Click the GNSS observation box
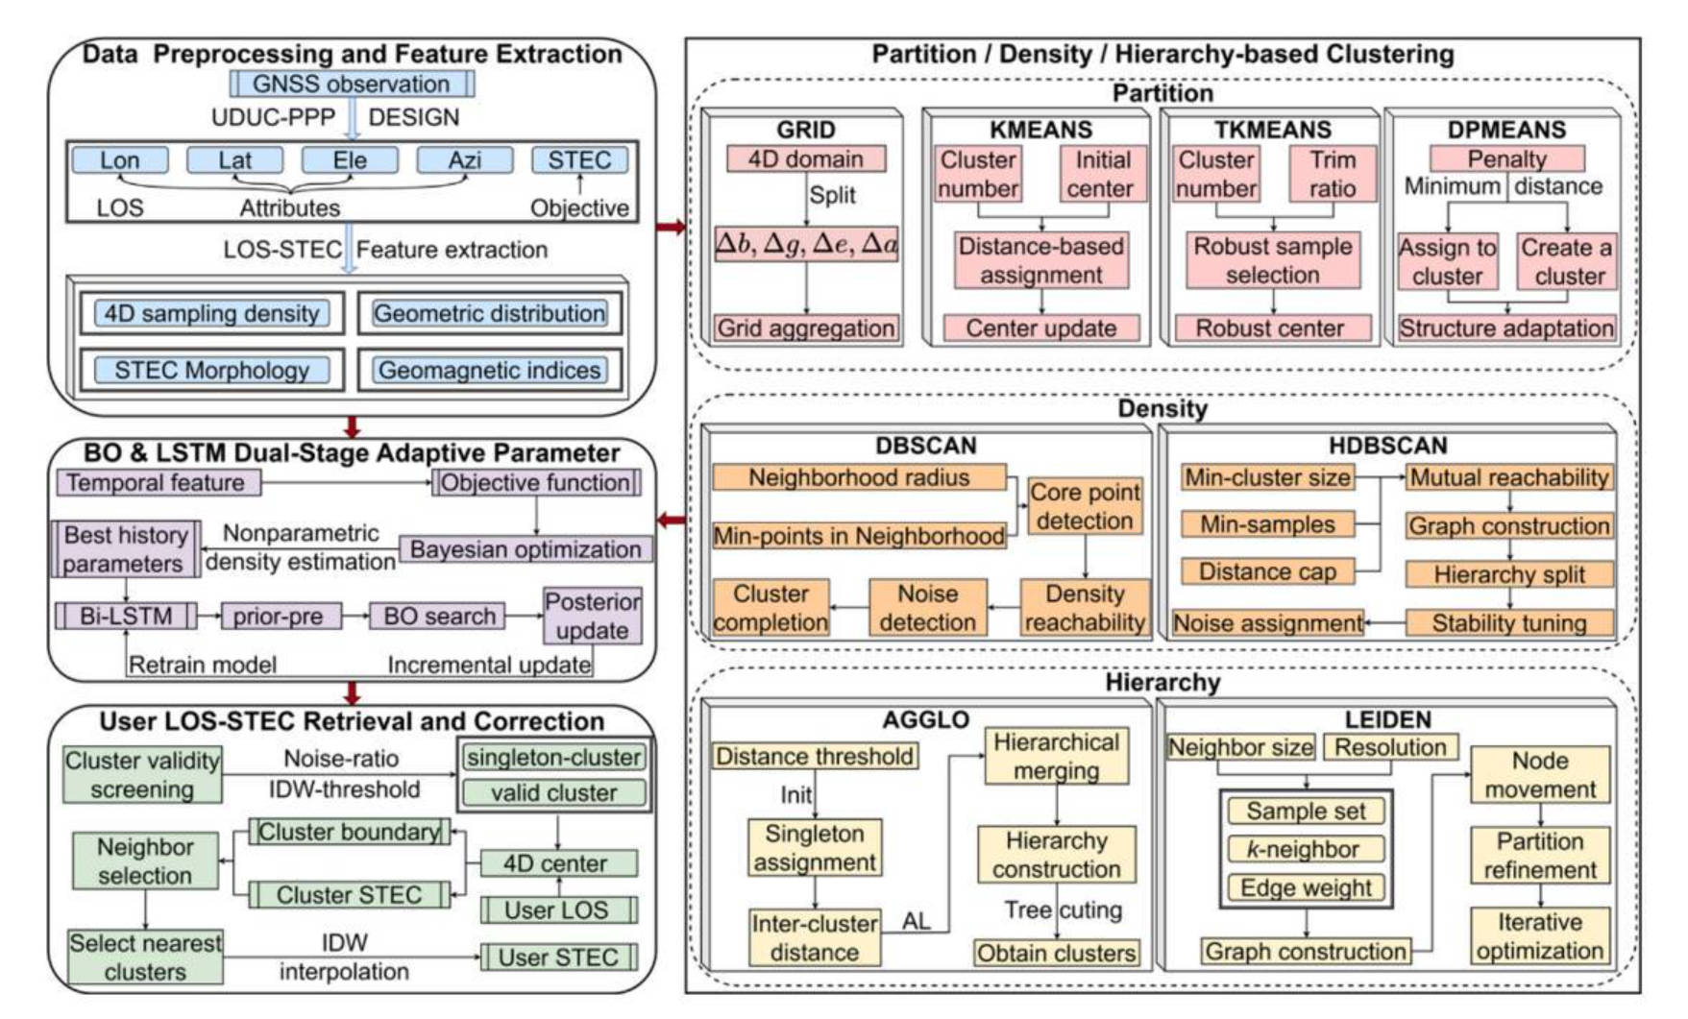352,84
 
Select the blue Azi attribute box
465,159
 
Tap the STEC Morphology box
212,370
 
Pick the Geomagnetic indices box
490,370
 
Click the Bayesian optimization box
526,549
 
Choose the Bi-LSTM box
126,616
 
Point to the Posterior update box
592,616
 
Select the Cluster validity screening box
142,774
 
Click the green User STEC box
558,958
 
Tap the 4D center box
558,863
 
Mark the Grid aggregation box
806,328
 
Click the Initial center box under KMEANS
1102,174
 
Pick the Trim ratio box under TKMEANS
1333,174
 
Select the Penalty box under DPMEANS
1506,158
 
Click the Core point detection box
1086,506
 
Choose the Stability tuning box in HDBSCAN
1509,623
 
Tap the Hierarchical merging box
1056,756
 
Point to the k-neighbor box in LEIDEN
1306,849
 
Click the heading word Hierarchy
1162,683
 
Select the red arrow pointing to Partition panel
672,228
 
